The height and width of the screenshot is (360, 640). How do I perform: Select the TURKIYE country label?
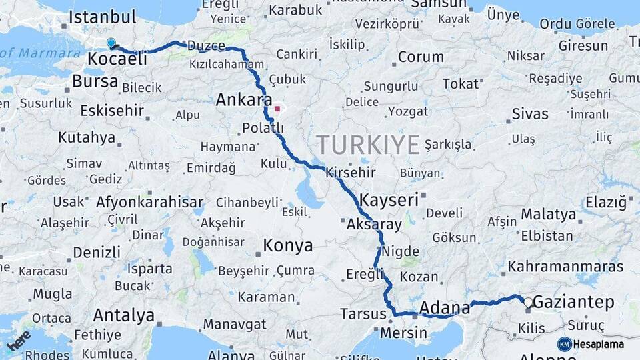click(367, 144)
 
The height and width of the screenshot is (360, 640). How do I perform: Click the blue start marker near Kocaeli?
click(111, 43)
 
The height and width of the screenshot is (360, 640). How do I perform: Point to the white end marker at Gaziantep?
click(528, 303)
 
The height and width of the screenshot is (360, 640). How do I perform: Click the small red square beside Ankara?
click(277, 108)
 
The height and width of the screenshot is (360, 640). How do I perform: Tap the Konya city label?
click(287, 245)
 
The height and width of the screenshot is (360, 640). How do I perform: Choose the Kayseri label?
click(389, 199)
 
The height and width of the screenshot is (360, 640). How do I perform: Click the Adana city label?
click(445, 308)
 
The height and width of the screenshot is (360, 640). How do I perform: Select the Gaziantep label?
click(573, 303)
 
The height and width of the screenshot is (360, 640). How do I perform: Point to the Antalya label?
click(124, 315)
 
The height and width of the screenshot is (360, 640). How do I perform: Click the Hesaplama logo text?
click(599, 345)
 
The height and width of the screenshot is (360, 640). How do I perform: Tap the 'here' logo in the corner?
click(18, 340)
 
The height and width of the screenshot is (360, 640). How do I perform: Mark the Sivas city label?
click(530, 113)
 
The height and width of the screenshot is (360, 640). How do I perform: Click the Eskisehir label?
click(112, 110)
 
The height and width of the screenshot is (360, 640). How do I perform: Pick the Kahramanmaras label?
click(565, 267)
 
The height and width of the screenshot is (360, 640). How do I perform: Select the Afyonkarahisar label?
click(149, 201)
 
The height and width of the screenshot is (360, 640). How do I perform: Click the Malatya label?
click(548, 215)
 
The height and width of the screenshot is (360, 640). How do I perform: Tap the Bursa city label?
click(95, 82)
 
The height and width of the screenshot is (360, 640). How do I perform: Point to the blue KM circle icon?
click(565, 345)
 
